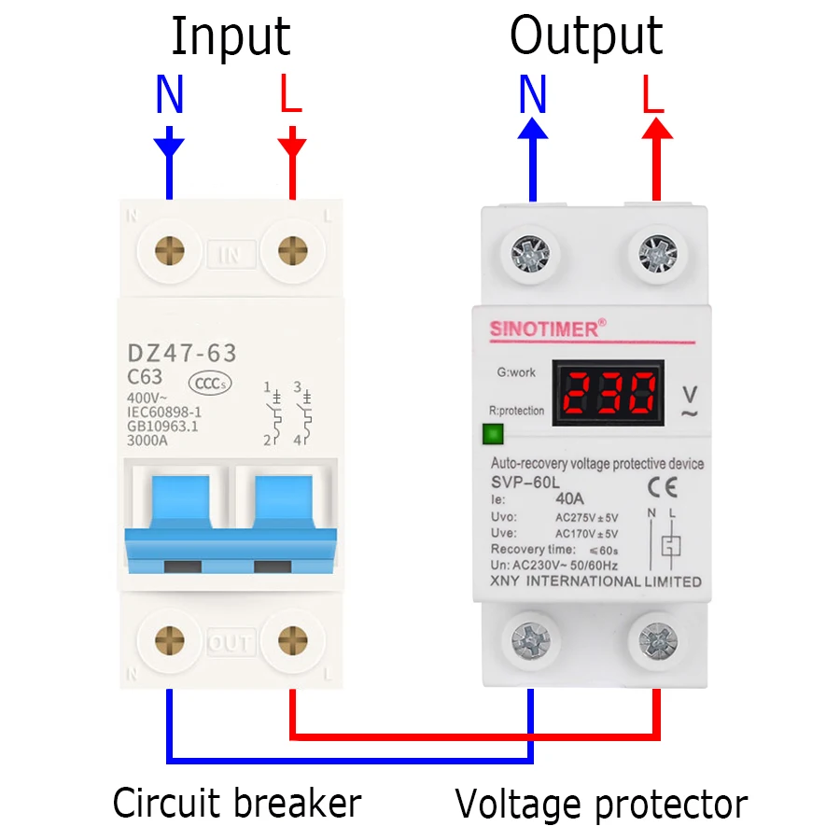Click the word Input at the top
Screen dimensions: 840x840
click(230, 37)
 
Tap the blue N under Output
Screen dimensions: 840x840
click(532, 95)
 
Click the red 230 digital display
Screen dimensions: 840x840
click(608, 393)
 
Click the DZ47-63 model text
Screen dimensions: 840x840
click(181, 353)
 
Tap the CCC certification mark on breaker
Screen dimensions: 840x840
click(210, 383)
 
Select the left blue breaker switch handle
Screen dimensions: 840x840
click(177, 509)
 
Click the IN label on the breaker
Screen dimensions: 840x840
click(230, 253)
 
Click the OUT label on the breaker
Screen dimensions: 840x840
click(230, 643)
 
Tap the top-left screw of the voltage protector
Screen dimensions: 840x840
click(532, 253)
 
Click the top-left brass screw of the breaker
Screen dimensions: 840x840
click(169, 251)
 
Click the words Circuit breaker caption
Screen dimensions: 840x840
click(237, 803)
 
